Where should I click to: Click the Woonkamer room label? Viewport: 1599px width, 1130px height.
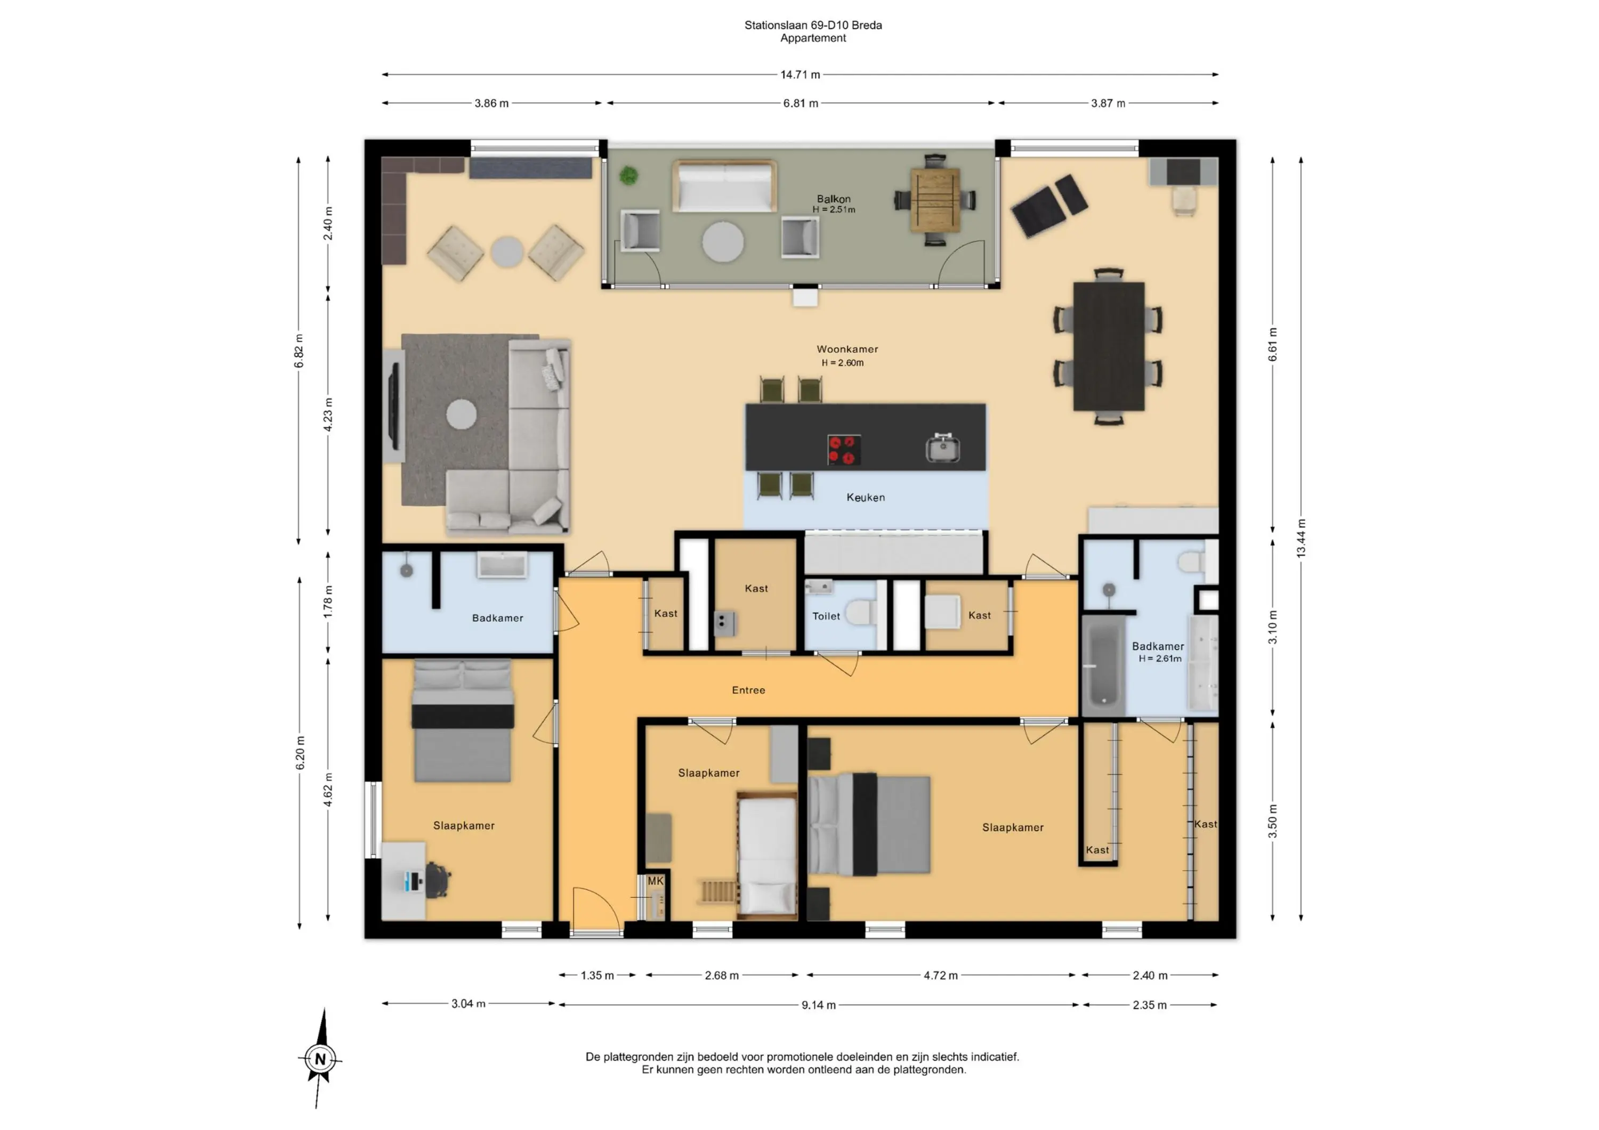click(x=847, y=349)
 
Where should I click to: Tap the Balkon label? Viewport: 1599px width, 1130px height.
click(x=834, y=199)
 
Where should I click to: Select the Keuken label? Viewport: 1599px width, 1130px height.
click(x=866, y=497)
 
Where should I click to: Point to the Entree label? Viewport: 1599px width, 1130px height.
click(x=749, y=690)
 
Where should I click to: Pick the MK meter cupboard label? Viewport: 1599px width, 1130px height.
click(x=656, y=881)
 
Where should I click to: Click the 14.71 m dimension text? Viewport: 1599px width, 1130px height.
click(x=800, y=75)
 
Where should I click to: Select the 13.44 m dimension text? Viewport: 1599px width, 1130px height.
click(x=1301, y=538)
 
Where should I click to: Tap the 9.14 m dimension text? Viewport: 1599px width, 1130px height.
click(x=818, y=1005)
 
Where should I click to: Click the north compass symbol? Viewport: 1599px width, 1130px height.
click(x=320, y=1059)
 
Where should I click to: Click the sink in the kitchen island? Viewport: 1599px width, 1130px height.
click(x=943, y=448)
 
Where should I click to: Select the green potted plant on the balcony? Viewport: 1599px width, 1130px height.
click(x=629, y=175)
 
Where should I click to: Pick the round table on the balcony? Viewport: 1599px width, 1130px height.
click(x=723, y=241)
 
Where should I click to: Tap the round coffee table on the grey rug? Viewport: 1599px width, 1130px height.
click(x=461, y=415)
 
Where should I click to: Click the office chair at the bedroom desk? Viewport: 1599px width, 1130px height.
click(x=438, y=880)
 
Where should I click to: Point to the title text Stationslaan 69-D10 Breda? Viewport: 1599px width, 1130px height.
click(x=813, y=25)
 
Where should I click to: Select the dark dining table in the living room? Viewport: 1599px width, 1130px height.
click(x=1109, y=346)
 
